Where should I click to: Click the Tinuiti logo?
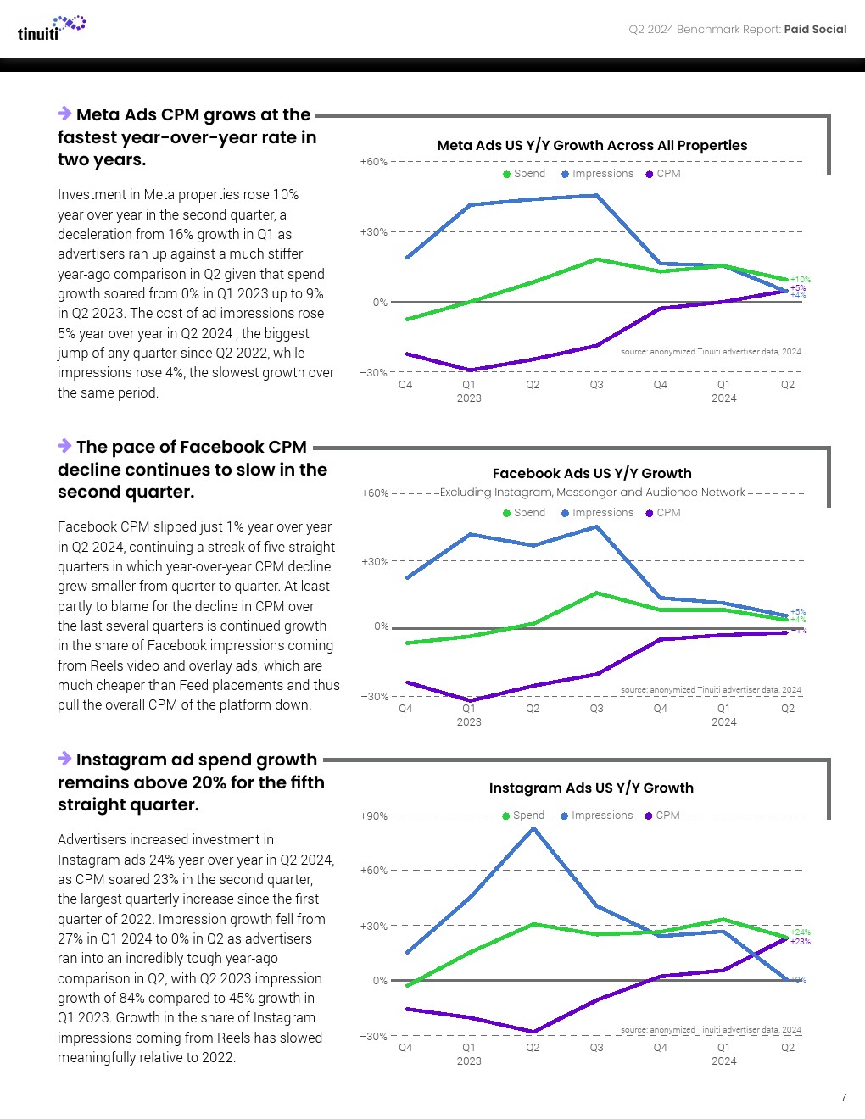[51, 28]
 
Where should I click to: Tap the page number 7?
[844, 1098]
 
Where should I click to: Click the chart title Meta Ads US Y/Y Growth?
[592, 146]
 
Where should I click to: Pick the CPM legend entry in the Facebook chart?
[663, 513]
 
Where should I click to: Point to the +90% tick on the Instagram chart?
[374, 816]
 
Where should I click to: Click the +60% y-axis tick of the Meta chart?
[374, 162]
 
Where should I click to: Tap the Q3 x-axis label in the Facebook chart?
[597, 709]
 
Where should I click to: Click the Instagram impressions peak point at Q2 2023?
[533, 828]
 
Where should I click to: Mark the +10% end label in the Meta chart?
[801, 280]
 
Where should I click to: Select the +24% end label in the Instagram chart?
[801, 932]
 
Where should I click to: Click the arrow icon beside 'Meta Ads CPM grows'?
[64, 114]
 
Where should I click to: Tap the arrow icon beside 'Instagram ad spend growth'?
[64, 759]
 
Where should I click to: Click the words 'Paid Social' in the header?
[815, 30]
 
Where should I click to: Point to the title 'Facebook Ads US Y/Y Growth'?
[592, 474]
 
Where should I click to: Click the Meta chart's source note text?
[711, 352]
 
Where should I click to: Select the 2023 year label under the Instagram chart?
[469, 1061]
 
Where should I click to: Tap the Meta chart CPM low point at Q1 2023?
[470, 370]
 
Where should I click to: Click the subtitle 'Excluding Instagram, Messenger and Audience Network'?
[592, 493]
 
